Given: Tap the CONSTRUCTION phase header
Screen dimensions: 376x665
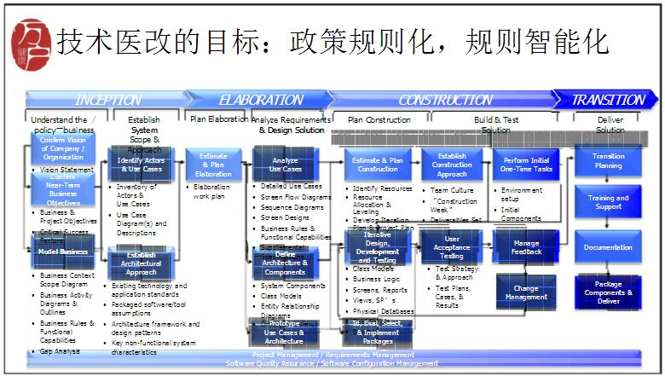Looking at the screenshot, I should coord(443,100).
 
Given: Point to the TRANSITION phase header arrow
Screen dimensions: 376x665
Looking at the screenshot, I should coord(607,100).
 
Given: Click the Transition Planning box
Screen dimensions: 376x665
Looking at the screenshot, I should coord(608,161).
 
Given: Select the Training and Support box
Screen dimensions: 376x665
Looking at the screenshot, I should coord(608,203).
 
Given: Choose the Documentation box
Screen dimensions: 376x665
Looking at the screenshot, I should coord(608,247).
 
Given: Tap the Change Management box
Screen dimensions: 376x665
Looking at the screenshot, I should coord(526,292).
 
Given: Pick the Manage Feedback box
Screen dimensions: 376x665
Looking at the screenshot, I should coord(526,247).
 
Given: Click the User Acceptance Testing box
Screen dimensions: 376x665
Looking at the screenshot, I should coord(452,247).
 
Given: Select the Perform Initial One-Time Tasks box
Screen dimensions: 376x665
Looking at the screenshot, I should coord(526,165).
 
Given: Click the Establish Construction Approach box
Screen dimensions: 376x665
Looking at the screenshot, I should coord(452,165).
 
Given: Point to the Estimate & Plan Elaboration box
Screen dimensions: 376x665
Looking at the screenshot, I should coord(213,165).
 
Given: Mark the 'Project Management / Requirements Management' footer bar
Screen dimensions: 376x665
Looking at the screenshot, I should coord(332,355).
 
